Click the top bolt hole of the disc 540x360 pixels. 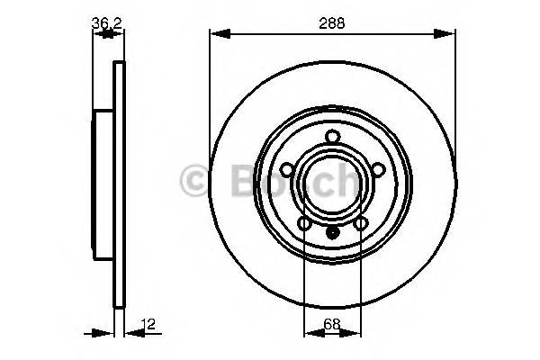click(x=333, y=137)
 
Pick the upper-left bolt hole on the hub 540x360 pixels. click(x=286, y=168)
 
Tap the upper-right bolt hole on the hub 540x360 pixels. click(x=379, y=168)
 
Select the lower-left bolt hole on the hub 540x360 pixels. click(x=304, y=223)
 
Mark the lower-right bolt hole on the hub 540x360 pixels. click(x=361, y=223)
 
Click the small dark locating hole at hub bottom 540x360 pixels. click(x=333, y=230)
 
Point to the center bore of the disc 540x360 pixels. click(x=333, y=184)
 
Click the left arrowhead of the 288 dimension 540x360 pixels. click(x=216, y=34)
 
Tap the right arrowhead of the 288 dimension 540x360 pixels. click(x=449, y=34)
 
